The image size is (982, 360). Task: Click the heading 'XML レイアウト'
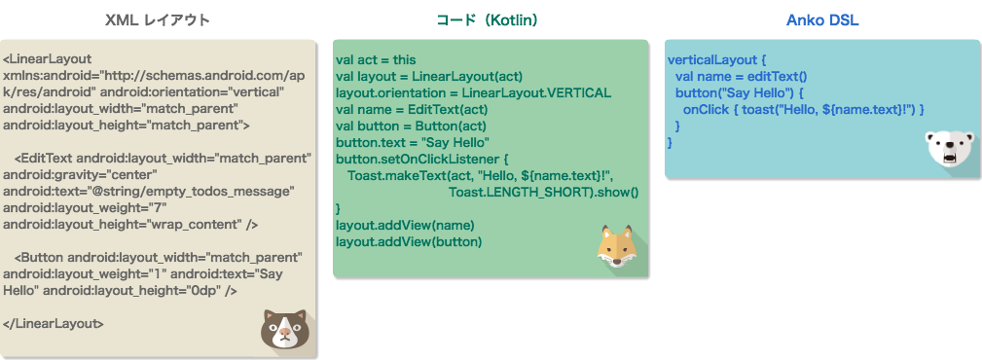[x=157, y=19]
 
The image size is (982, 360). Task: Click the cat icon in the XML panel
[x=283, y=330]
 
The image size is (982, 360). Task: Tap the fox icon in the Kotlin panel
[x=615, y=246]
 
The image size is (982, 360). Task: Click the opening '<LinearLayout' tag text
[x=47, y=57]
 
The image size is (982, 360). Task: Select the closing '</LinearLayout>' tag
[x=54, y=323]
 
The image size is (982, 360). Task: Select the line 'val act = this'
[x=375, y=59]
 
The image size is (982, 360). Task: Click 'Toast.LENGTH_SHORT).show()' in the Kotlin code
[x=543, y=192]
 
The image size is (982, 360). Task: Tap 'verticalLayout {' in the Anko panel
[x=717, y=59]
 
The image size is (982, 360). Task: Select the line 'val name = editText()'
[x=742, y=76]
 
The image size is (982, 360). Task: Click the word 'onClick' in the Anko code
[x=705, y=110]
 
